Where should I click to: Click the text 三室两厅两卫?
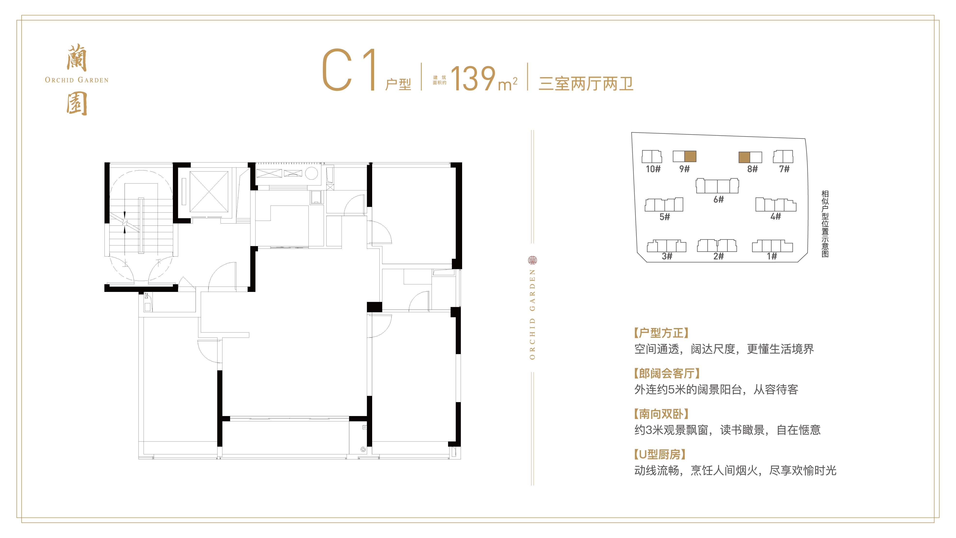[586, 83]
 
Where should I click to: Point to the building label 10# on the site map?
[653, 169]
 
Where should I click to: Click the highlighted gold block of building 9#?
[690, 156]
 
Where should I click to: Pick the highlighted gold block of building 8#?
[744, 157]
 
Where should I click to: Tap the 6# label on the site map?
[718, 200]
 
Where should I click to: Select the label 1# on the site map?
[772, 256]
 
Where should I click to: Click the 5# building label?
[665, 217]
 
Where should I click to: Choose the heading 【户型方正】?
[661, 333]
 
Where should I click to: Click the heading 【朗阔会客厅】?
[667, 373]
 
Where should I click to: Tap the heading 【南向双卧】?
[661, 414]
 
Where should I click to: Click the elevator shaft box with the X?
[209, 192]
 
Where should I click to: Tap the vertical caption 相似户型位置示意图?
[825, 224]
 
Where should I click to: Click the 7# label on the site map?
[784, 169]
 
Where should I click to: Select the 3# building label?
[667, 256]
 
